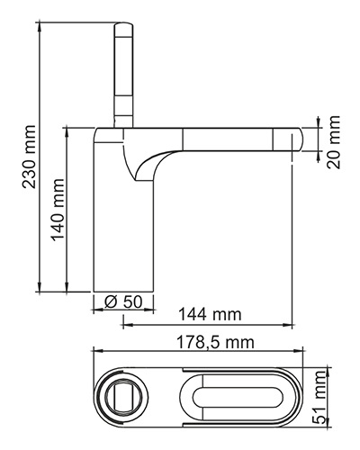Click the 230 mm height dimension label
30,157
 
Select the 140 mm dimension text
58,210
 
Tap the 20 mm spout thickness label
334,142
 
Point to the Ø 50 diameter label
123,301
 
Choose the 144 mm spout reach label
210,314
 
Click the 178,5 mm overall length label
215,342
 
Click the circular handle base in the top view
121,397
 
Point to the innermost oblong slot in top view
238,398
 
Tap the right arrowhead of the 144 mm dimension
288,325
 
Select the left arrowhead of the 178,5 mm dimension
98,350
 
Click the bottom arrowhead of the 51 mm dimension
329,422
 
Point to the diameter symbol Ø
111,302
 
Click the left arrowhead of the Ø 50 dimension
98,310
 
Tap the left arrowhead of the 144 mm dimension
128,325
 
